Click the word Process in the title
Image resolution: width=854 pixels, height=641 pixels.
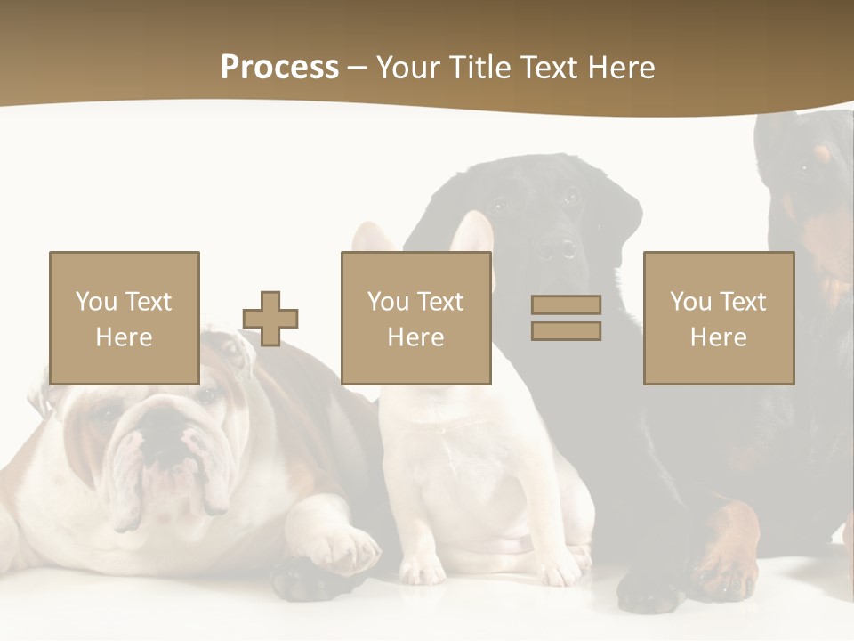coord(279,68)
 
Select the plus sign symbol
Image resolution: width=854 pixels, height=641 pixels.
coord(270,318)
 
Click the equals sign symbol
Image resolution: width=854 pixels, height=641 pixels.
coord(566,318)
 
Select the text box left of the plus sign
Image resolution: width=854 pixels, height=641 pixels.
coord(124,318)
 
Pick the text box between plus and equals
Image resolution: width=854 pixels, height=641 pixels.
coord(415,318)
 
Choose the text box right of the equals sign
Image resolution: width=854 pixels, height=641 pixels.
coord(718,318)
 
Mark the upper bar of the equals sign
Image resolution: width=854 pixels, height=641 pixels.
coord(566,304)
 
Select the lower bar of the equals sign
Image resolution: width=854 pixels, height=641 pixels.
coord(566,331)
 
